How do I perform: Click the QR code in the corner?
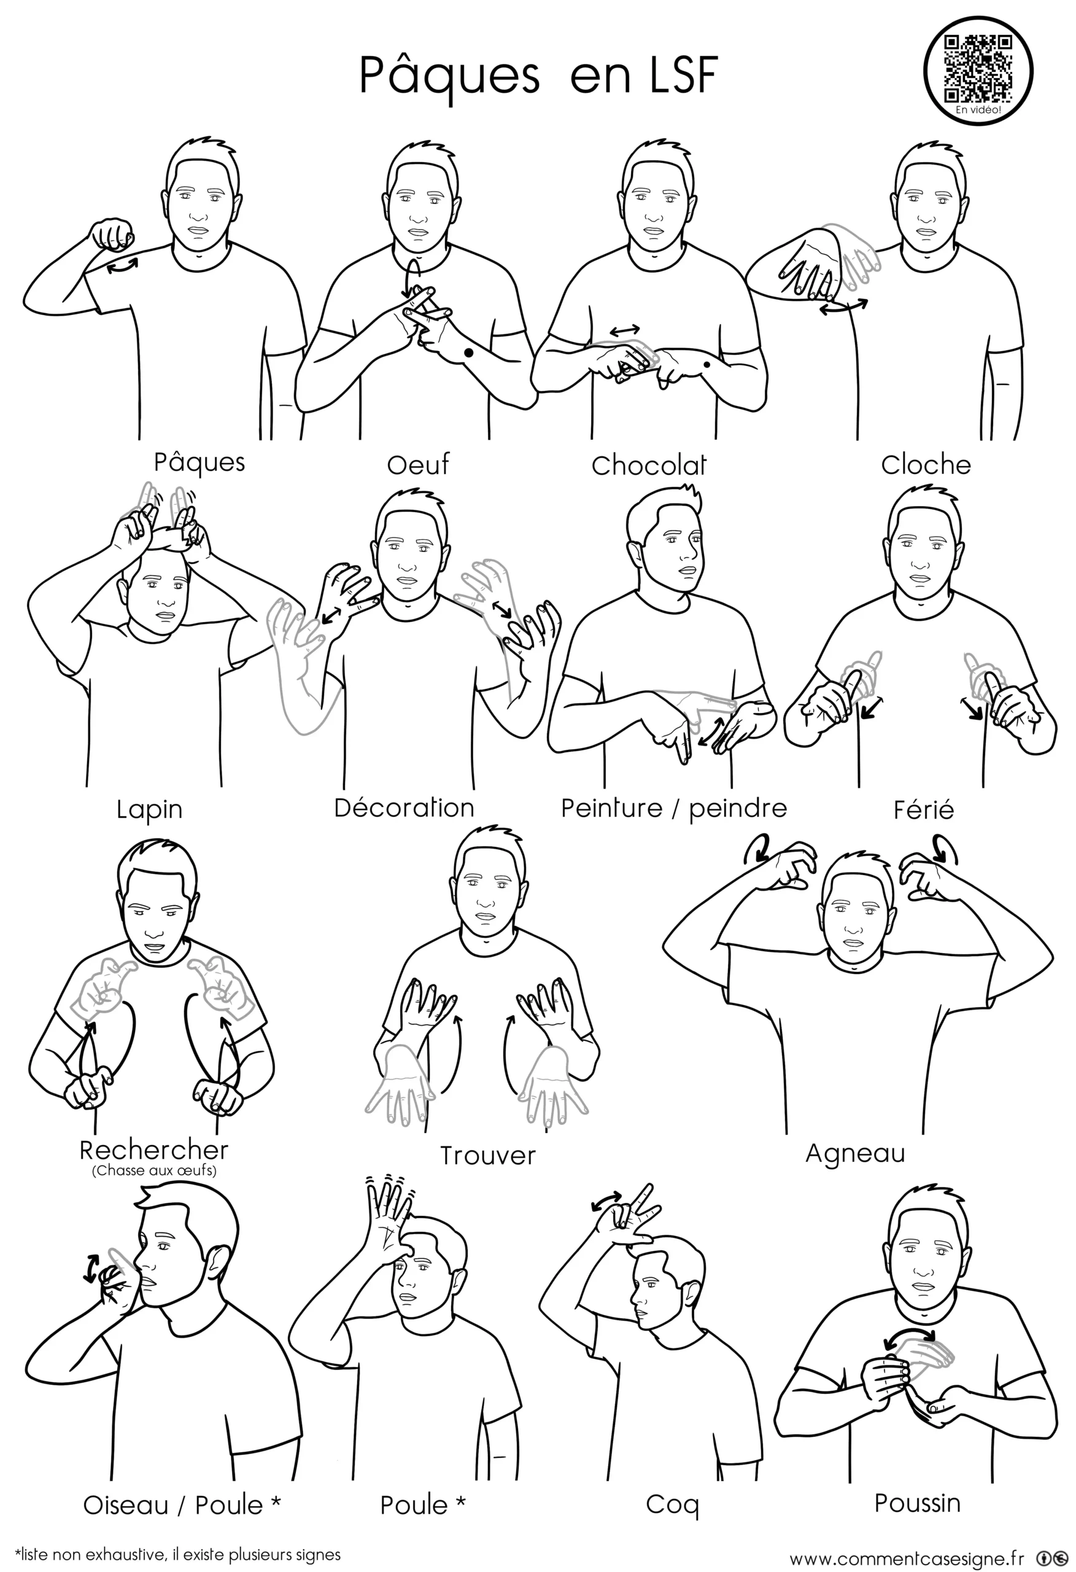978,68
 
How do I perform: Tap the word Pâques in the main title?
449,76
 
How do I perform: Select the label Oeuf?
418,465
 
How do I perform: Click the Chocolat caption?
649,465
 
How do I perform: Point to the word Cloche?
925,465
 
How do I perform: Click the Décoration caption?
404,807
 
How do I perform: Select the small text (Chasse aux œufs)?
154,1170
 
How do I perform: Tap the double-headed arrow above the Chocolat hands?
624,331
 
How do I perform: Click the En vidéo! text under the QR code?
978,109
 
